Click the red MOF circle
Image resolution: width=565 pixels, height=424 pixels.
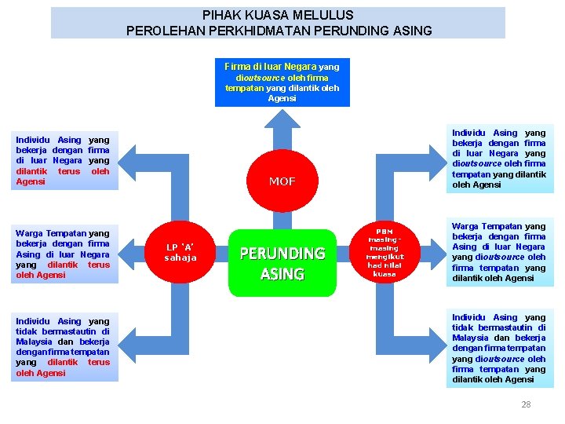[x=282, y=181]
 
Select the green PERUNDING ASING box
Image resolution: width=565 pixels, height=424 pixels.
[x=282, y=263]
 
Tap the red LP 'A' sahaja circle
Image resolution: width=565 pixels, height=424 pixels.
[x=181, y=252]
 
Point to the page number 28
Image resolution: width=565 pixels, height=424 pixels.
[x=526, y=404]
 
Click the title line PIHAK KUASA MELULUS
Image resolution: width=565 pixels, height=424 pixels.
[x=278, y=15]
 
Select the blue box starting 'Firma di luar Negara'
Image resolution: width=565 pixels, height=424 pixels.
[x=282, y=82]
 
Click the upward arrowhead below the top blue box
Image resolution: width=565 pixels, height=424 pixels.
[x=282, y=119]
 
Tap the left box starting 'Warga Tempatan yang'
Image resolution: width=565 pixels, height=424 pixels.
[x=63, y=254]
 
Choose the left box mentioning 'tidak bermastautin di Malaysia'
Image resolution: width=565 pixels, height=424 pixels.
[x=63, y=347]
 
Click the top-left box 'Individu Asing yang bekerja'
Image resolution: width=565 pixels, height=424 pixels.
[x=63, y=160]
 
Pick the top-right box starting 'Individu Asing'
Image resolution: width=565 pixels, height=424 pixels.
[x=498, y=159]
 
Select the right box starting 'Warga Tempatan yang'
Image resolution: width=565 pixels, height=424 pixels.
[x=498, y=252]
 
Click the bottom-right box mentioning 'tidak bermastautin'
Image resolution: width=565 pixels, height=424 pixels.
[x=498, y=348]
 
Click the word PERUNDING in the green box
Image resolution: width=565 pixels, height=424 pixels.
[x=282, y=254]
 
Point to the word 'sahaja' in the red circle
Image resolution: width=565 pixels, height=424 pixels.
[x=181, y=258]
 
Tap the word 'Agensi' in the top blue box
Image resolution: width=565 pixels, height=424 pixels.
[x=282, y=99]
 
